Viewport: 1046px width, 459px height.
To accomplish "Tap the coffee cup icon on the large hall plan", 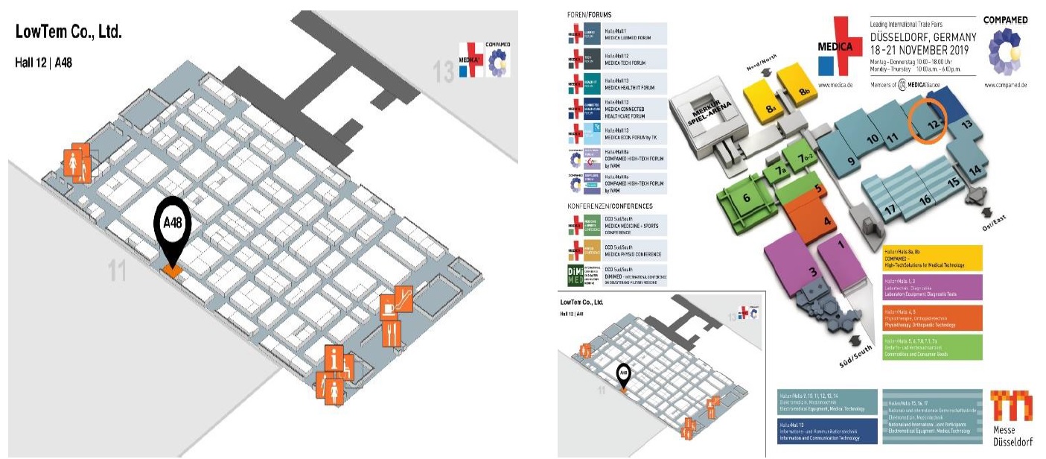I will tap(389, 306).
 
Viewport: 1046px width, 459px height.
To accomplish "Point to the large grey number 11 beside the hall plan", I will tap(116, 271).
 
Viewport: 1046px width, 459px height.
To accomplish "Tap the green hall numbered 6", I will tap(747, 198).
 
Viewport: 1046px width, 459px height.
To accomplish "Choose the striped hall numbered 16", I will tap(925, 199).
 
